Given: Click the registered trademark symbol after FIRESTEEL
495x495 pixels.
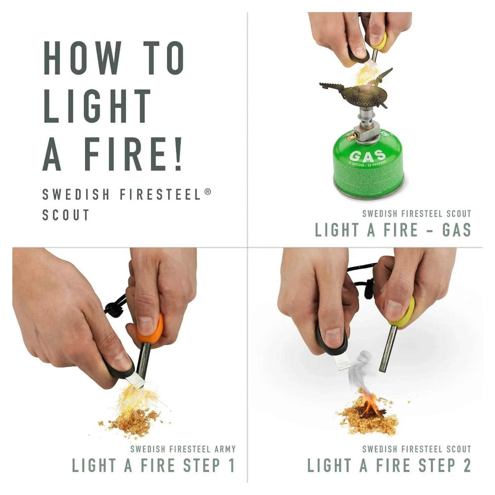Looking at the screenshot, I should (207, 192).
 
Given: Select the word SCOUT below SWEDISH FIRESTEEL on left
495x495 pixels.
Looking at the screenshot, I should (66, 215).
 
